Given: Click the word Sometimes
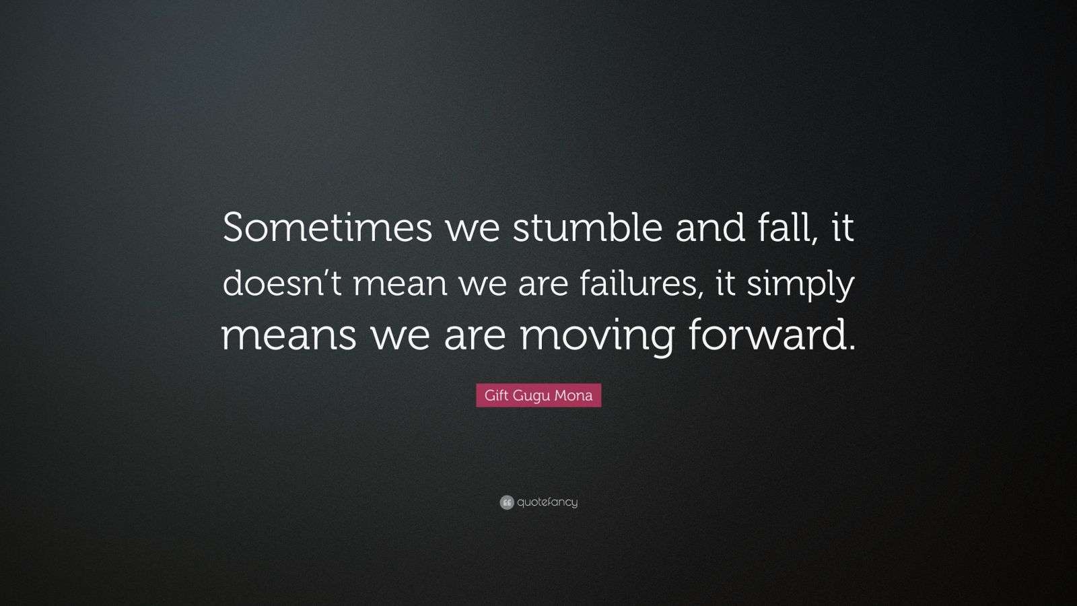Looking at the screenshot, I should [x=328, y=228].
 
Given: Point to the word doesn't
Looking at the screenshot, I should [x=283, y=283].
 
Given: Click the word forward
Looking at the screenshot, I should [x=765, y=336].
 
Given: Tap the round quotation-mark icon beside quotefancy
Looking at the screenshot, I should [x=507, y=502].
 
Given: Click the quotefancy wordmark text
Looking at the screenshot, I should [x=547, y=502].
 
